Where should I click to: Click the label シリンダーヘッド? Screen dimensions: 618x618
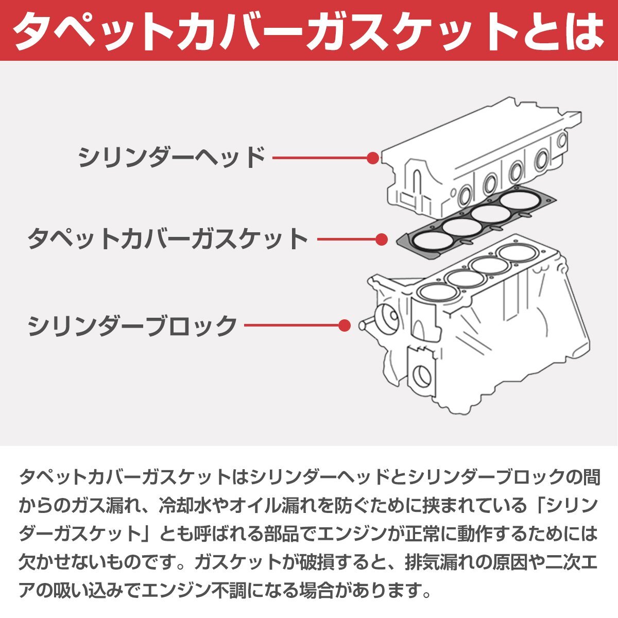click(171, 158)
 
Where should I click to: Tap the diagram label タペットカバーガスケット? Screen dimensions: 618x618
click(168, 239)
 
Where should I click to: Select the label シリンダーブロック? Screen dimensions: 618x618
click(132, 325)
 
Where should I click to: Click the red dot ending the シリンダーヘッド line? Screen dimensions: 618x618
click(373, 158)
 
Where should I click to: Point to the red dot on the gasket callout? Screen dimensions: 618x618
click(382, 239)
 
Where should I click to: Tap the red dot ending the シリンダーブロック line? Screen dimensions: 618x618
click(345, 325)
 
